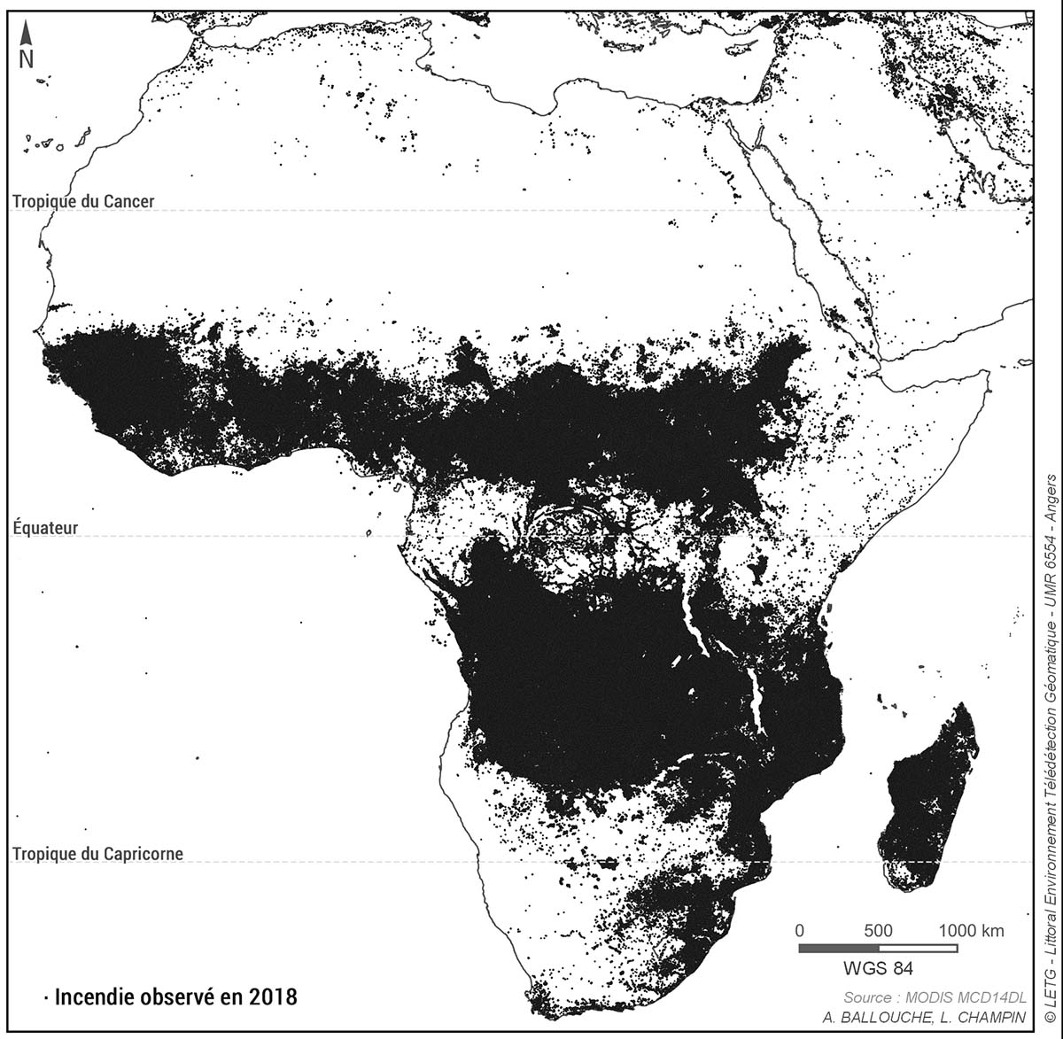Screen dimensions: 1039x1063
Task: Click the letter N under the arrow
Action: click(27, 58)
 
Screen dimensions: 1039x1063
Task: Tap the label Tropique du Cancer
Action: click(83, 202)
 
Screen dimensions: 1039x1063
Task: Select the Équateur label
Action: click(45, 528)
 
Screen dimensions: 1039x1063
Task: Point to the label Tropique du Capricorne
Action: click(97, 855)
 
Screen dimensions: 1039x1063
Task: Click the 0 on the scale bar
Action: click(800, 931)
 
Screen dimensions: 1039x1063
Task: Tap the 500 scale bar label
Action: click(878, 931)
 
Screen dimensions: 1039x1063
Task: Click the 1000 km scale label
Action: click(971, 931)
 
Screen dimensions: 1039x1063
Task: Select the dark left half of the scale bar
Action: click(838, 948)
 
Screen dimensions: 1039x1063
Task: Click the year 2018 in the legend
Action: click(272, 996)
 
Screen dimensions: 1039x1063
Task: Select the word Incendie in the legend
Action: click(92, 996)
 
